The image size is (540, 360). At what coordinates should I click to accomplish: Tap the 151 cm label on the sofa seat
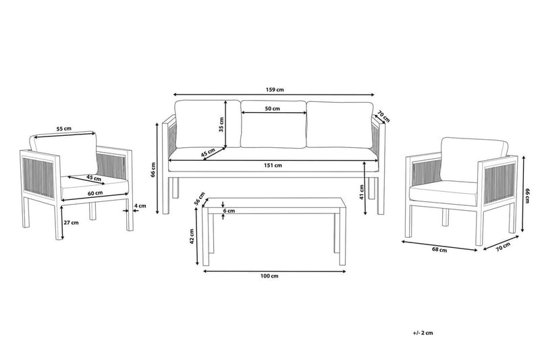point(273,165)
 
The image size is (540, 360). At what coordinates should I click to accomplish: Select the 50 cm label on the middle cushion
point(273,109)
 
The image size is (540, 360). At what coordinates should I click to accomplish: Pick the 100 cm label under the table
point(269,276)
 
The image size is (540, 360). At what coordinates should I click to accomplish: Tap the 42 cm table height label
point(192,235)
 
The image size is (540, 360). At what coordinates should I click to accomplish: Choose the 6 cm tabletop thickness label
point(230,211)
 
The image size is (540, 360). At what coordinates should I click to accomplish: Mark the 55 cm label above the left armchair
point(63,128)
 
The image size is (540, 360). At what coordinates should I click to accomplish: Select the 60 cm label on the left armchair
point(95,193)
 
